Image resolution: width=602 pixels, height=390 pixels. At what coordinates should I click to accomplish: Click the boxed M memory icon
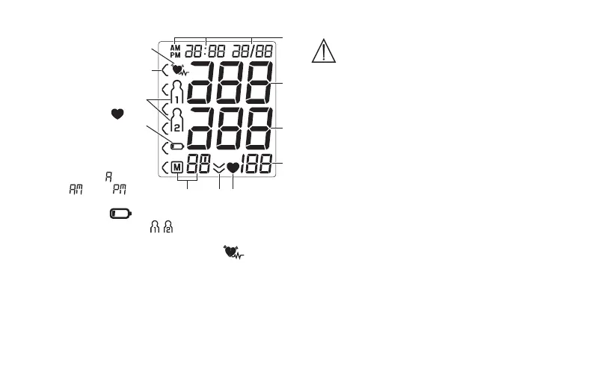pos(176,167)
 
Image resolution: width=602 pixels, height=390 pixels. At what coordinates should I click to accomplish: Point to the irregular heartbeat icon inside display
pos(179,72)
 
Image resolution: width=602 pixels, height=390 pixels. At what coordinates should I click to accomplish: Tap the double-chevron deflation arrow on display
pos(218,168)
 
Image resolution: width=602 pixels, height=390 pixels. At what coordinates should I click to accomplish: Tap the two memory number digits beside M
pos(197,165)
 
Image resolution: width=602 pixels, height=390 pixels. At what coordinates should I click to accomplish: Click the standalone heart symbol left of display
pos(117,114)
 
